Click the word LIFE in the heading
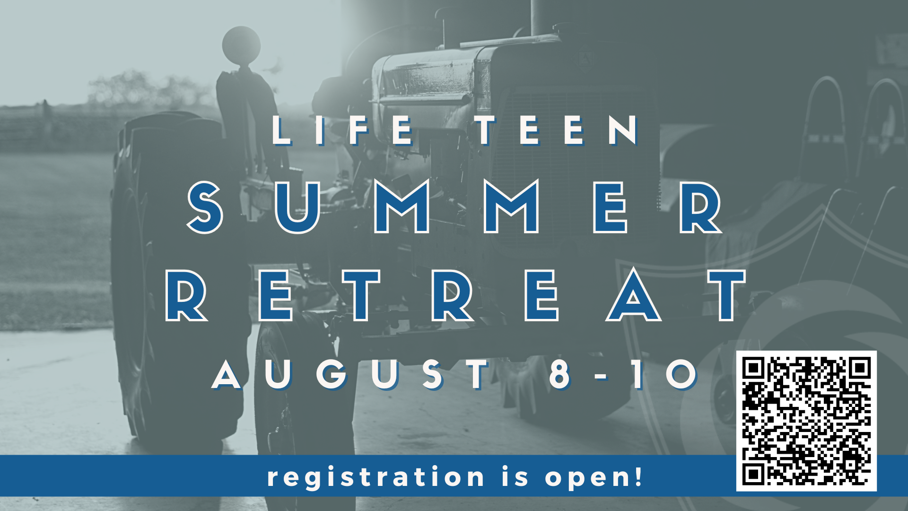coord(344,130)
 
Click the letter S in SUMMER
coord(205,207)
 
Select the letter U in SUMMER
coord(297,208)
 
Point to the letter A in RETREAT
coord(634,294)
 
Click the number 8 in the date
coord(560,374)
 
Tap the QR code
coord(806,421)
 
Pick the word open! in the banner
coord(594,477)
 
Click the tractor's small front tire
coord(305,412)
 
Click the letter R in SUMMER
coord(700,207)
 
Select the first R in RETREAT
coord(186,296)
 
